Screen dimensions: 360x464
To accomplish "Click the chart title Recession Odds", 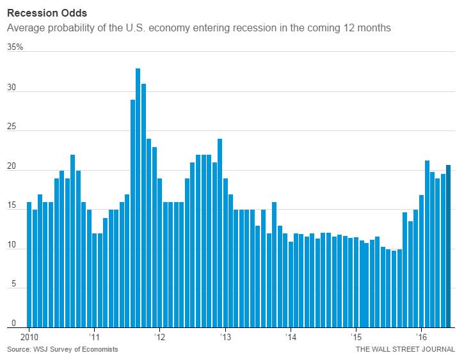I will click(42, 12).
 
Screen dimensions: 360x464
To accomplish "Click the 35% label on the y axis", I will click(15, 47).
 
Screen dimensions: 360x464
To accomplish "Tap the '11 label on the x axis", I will click(93, 336).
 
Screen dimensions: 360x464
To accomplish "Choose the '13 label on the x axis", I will click(225, 336).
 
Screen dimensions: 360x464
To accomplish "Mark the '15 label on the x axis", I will click(356, 336).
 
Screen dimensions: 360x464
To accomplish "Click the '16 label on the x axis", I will click(421, 336).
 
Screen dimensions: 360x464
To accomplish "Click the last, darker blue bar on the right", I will click(449, 246).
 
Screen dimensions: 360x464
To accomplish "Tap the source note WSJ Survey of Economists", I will click(63, 350).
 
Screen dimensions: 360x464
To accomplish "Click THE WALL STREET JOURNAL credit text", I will click(405, 350).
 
